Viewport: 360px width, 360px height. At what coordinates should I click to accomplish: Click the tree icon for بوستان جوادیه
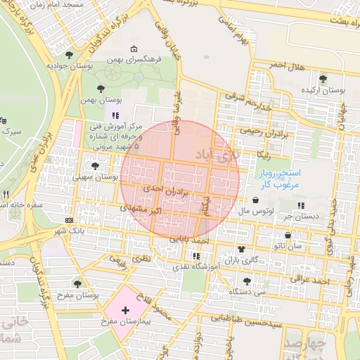coord(68,54)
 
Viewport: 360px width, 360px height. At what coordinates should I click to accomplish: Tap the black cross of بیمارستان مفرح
coord(125,309)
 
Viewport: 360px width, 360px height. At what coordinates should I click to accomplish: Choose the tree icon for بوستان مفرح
coord(77,284)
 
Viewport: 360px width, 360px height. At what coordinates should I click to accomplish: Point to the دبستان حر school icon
coord(301,205)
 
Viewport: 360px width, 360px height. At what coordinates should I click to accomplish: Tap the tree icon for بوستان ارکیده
coord(323,79)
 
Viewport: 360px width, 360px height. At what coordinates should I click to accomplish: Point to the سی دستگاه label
coord(251,290)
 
